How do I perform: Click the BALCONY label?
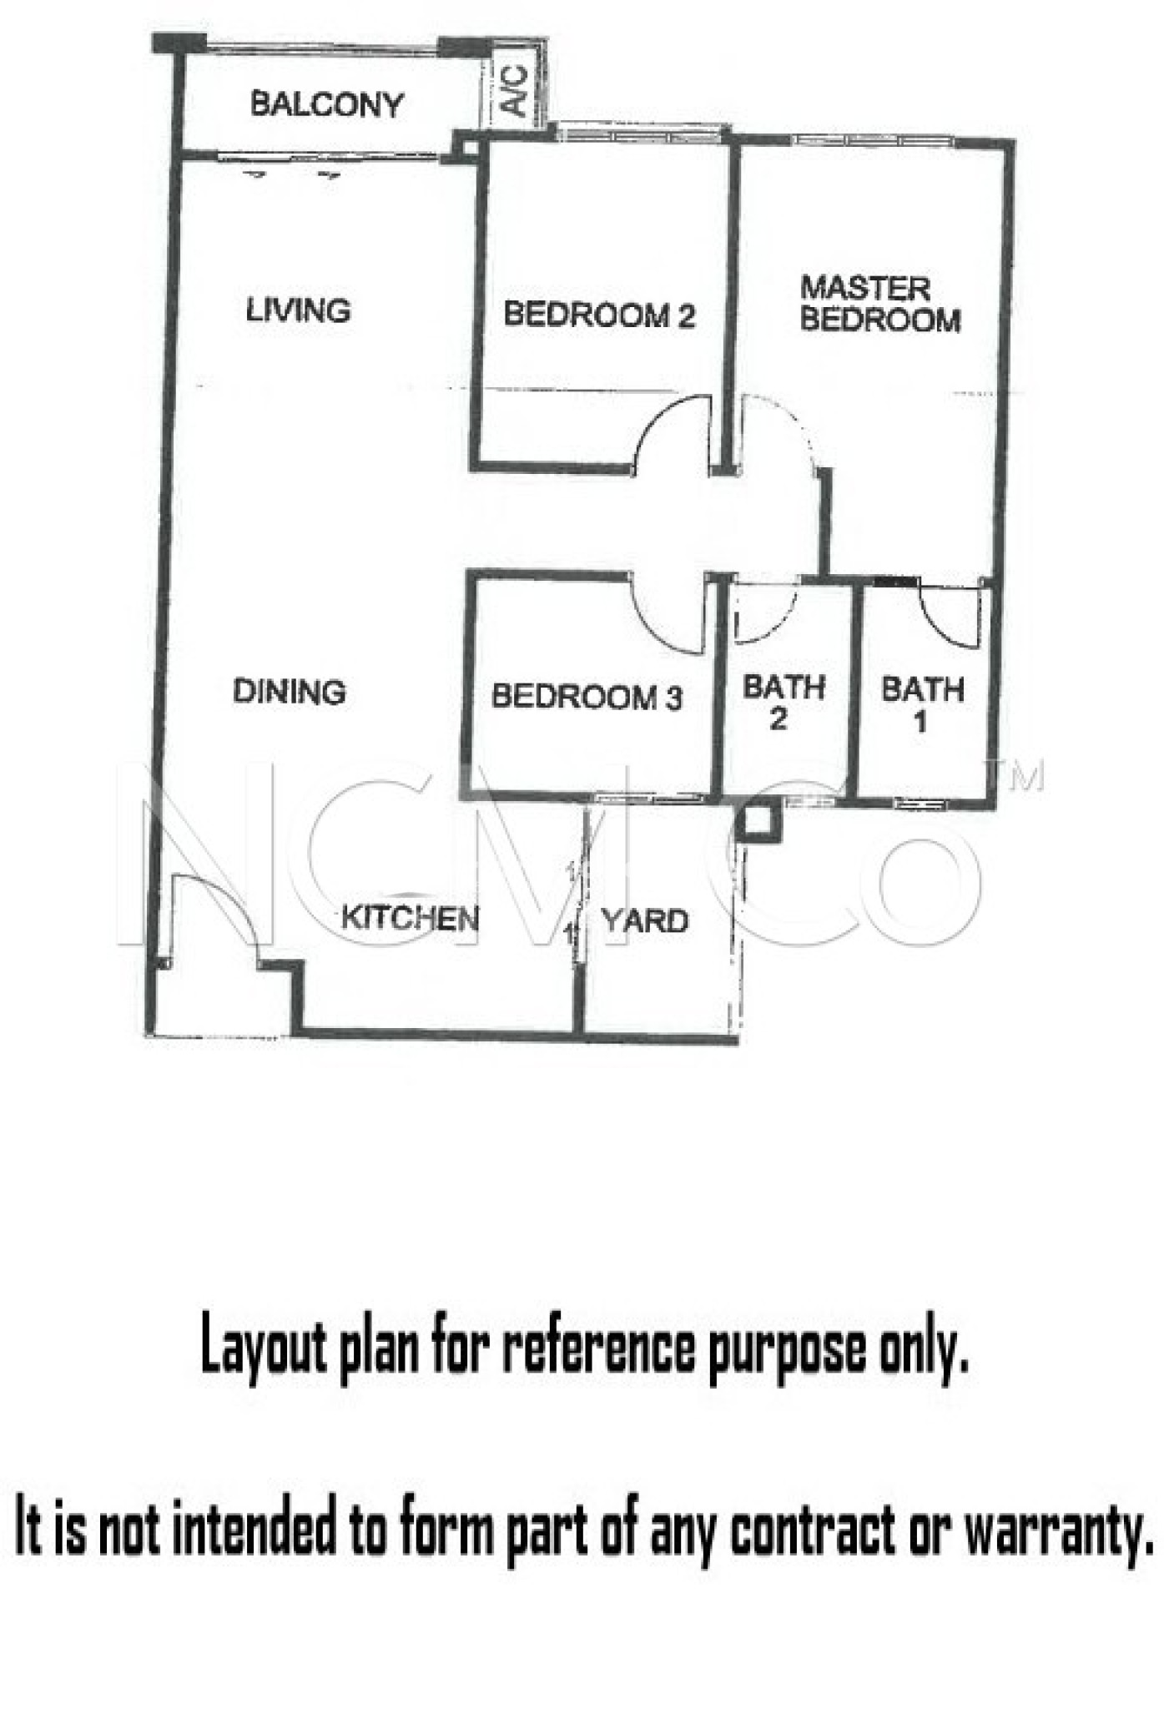327,104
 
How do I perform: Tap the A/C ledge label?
515,91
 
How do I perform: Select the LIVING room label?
298,310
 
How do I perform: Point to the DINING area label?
289,691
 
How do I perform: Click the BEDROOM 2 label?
599,315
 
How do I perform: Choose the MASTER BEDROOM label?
880,304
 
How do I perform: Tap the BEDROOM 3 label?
587,696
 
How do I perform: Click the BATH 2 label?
783,702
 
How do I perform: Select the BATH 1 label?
922,704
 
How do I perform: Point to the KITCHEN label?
410,919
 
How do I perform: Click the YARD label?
645,921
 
